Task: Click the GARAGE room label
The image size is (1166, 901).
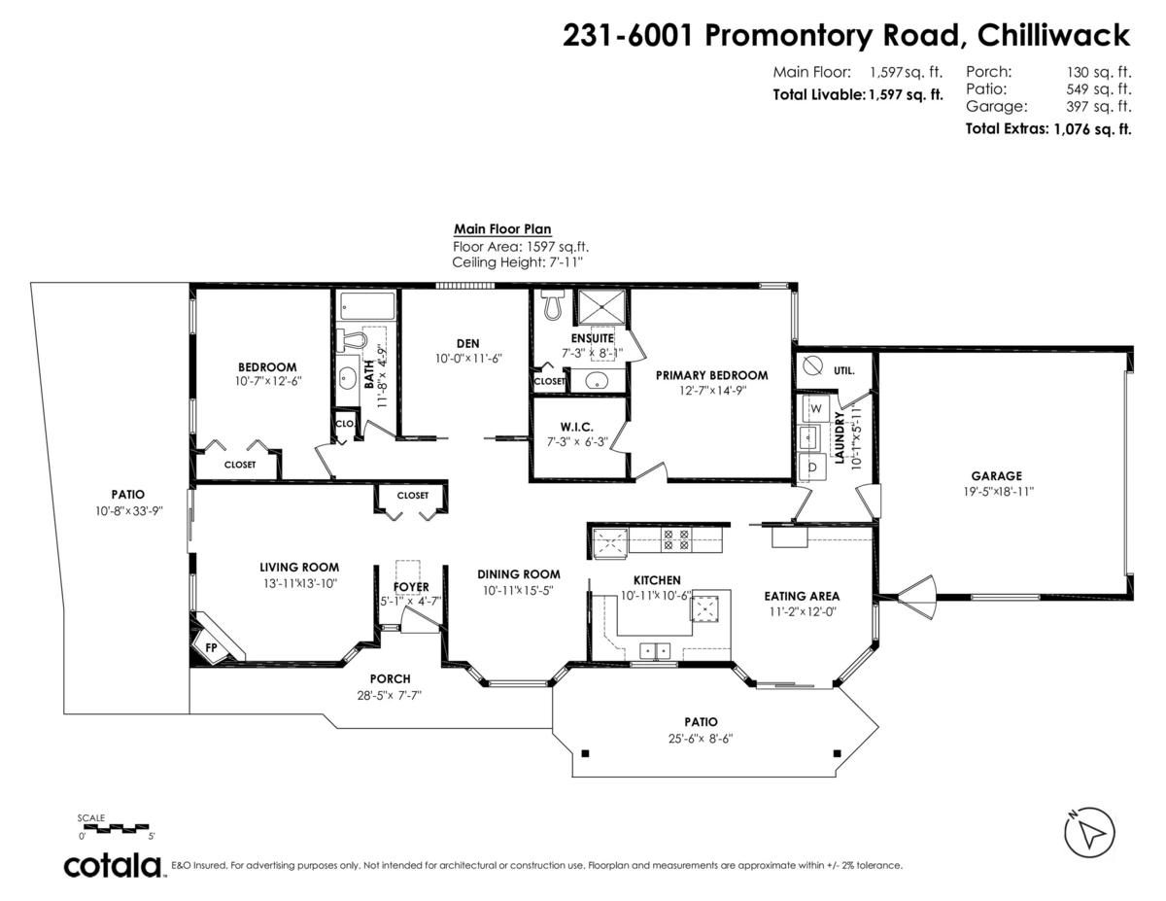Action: click(996, 476)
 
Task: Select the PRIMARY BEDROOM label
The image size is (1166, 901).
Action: click(711, 375)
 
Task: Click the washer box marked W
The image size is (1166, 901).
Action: click(814, 406)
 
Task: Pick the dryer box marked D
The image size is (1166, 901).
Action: click(811, 468)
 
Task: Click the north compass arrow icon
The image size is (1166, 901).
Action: click(1091, 833)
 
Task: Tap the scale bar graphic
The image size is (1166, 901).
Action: click(117, 827)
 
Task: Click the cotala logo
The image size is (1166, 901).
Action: click(113, 865)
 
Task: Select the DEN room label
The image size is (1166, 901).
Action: click(467, 342)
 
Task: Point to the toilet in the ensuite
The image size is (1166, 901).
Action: click(553, 305)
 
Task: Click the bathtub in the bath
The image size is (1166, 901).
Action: click(366, 308)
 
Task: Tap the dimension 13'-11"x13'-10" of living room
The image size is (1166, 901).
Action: click(299, 584)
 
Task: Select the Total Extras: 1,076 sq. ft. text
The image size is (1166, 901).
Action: click(1047, 128)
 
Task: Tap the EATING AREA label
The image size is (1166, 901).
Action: click(802, 596)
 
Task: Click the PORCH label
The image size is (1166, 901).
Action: click(390, 678)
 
